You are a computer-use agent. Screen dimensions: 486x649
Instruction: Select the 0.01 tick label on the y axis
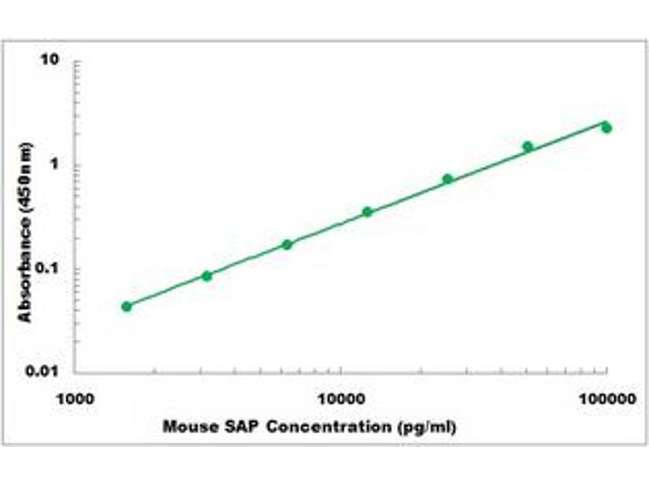pos(44,372)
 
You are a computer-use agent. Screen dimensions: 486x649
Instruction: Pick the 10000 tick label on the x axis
pos(341,399)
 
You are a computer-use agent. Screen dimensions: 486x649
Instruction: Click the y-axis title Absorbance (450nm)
pos(26,232)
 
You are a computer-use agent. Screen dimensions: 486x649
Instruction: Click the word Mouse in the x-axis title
pos(186,427)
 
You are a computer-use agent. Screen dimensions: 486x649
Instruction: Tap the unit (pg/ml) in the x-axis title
pos(424,427)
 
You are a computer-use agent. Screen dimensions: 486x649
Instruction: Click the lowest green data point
pos(127,306)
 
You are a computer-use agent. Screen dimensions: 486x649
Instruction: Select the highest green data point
pos(606,128)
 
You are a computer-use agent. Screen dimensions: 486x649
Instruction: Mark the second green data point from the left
pos(207,276)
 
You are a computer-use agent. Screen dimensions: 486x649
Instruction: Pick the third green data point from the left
pos(287,244)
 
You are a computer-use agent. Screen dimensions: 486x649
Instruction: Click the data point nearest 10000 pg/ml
pos(367,212)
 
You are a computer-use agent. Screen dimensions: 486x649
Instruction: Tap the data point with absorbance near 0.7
pos(448,179)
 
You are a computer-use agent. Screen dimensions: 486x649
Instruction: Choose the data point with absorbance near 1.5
pos(527,147)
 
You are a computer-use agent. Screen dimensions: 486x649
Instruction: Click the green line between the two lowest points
pos(166,290)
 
